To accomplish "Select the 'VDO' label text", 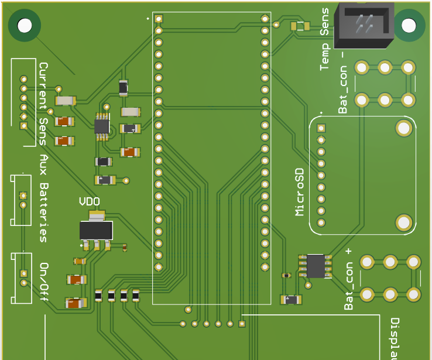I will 89,202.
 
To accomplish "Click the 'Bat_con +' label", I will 349,279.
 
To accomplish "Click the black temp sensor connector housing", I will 364,26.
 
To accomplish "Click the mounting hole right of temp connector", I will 409,25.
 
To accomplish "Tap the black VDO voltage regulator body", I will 96,230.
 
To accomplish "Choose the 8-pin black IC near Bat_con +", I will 315,265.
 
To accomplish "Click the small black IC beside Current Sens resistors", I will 102,125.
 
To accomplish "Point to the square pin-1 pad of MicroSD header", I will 321,128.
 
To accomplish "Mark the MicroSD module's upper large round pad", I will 403,128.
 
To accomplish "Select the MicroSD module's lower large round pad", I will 403,222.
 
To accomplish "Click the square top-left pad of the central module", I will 158,19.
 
